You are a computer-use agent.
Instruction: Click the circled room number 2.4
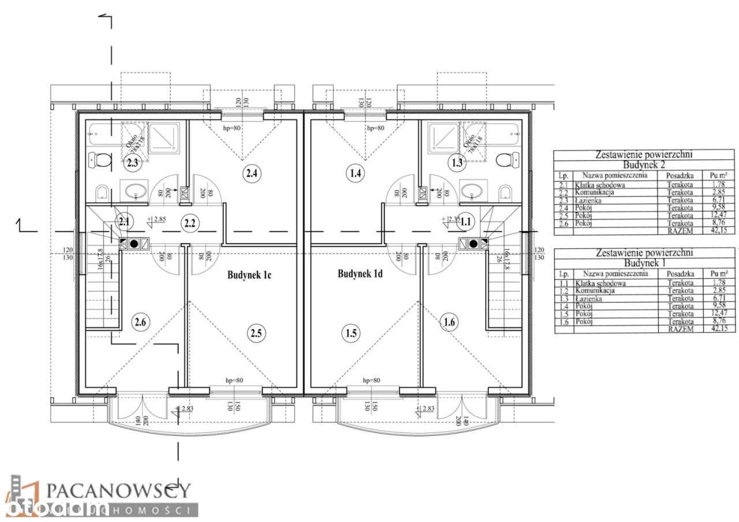point(251,172)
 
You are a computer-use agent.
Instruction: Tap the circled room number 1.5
point(350,333)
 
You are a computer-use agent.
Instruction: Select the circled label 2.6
point(140,321)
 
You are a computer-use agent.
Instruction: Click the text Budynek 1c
point(248,275)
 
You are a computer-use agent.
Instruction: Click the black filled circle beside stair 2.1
point(134,243)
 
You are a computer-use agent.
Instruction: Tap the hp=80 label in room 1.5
point(372,381)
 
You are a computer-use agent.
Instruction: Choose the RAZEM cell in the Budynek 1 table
point(680,329)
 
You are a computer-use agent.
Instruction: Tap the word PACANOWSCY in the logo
point(118,491)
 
